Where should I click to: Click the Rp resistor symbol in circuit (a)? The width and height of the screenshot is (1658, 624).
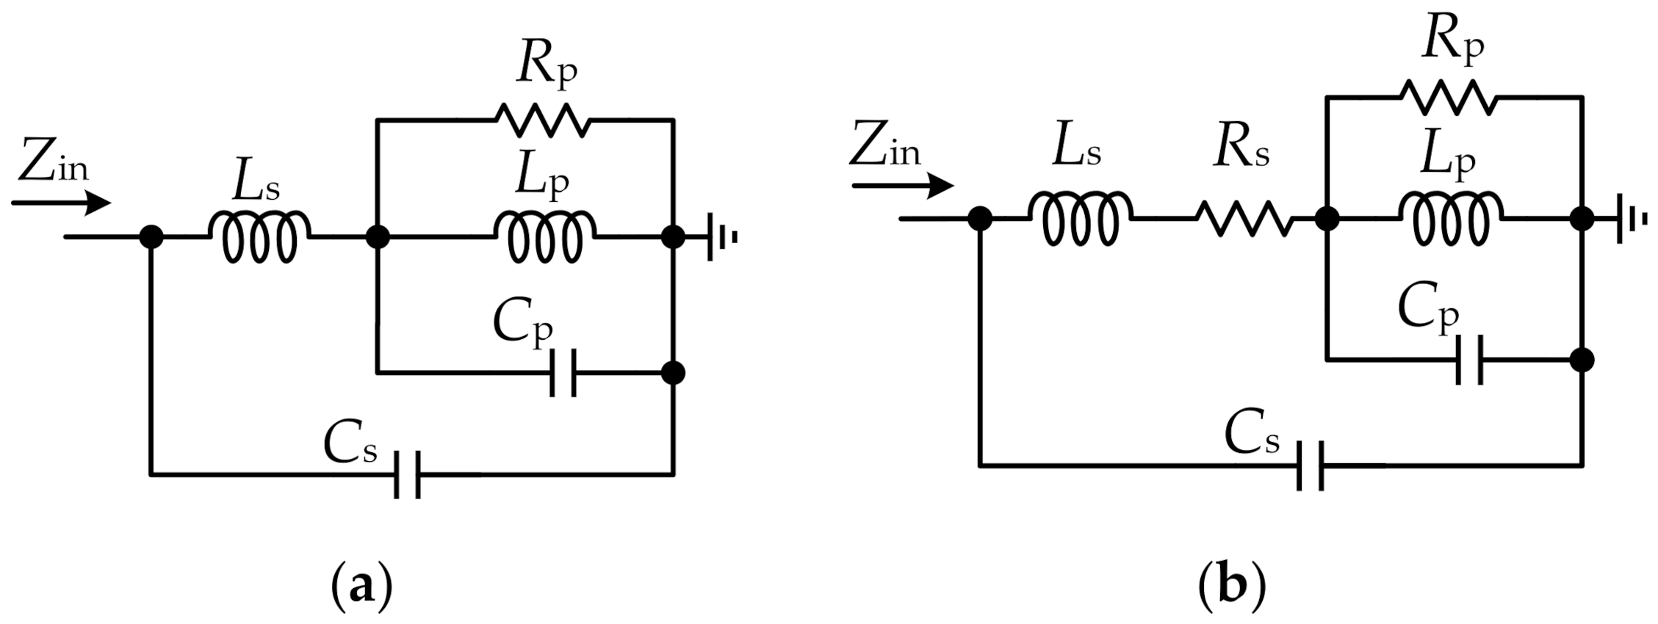pyautogui.click(x=544, y=120)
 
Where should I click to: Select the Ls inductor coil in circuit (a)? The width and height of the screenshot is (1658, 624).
pyautogui.click(x=260, y=236)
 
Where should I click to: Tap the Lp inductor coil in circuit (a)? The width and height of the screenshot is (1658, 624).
pyautogui.click(x=546, y=236)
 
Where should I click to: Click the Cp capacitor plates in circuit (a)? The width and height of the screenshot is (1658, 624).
pyautogui.click(x=563, y=373)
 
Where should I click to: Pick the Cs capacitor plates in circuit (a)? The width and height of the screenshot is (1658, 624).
pyautogui.click(x=407, y=475)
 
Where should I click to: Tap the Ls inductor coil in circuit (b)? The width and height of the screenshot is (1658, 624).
pyautogui.click(x=1079, y=218)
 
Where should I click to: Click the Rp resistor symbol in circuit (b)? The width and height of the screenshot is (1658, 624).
pyautogui.click(x=1448, y=98)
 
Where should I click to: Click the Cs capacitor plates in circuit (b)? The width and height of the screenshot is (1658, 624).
pyautogui.click(x=1310, y=465)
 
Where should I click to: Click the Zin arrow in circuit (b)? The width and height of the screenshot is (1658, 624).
pyautogui.click(x=904, y=186)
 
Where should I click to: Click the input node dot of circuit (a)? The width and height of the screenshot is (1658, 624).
pyautogui.click(x=151, y=237)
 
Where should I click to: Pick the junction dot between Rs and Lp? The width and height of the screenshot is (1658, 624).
pyautogui.click(x=1327, y=219)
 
